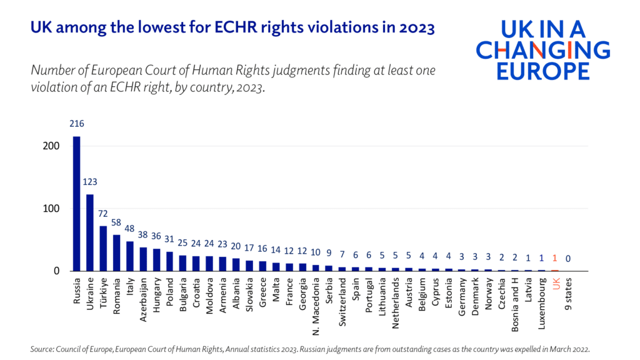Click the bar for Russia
pos(77,204)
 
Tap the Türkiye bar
pos(103,249)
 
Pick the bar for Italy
pos(130,256)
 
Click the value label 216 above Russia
pos(77,124)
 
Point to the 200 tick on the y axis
pos(51,146)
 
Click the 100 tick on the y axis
pos(51,209)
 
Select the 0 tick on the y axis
pos(56,271)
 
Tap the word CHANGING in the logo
pos(543,50)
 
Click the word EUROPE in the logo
pos(543,71)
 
